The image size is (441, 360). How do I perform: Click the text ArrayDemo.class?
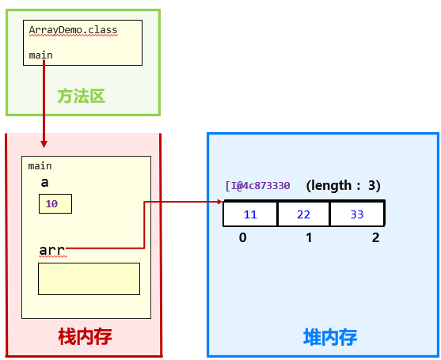[73, 30]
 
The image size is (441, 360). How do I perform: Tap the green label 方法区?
[81, 97]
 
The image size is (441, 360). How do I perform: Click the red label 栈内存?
[85, 336]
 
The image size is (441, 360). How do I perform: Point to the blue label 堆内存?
[330, 337]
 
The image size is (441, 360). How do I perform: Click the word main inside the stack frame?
[40, 166]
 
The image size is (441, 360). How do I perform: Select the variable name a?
[45, 183]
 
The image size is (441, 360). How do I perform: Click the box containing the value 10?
[55, 203]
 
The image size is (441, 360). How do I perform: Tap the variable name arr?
[51, 251]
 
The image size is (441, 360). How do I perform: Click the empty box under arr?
[89, 279]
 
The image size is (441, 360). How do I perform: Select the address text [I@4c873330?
[258, 186]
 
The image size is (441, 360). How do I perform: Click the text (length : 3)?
[344, 186]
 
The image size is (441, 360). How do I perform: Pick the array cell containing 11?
[250, 214]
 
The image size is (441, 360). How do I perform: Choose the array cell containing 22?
[303, 214]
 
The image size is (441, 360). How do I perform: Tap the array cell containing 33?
[356, 214]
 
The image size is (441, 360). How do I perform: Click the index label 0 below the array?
[242, 237]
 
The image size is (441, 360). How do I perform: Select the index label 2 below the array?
[375, 237]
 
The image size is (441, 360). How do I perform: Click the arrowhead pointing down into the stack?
[44, 144]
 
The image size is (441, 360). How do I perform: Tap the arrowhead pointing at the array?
[220, 202]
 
